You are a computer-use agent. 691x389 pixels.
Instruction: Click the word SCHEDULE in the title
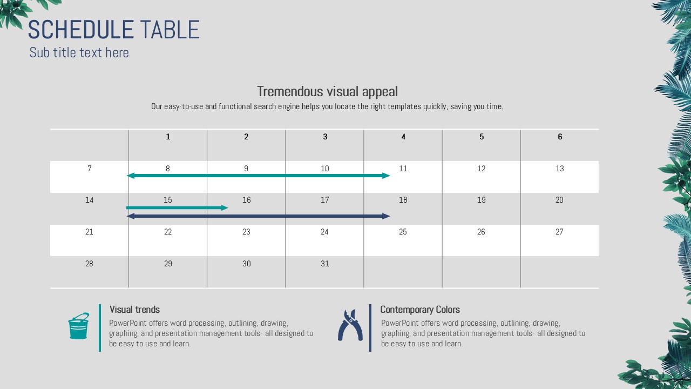81,30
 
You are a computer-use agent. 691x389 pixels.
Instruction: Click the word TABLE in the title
170,30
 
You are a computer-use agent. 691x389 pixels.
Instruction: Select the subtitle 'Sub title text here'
79,52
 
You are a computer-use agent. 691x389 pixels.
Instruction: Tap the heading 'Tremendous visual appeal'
327,91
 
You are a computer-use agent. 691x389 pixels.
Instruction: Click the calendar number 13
560,169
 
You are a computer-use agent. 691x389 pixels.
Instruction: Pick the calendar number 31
324,264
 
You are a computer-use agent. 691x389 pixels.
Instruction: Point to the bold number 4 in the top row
403,137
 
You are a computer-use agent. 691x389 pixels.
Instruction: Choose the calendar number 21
89,232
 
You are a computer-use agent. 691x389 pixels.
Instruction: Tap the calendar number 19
481,200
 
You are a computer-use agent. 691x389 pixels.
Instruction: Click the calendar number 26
481,232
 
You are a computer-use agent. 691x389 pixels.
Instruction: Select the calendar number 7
90,169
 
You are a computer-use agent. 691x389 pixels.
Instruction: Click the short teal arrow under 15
177,208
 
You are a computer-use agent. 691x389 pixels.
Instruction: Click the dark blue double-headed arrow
259,216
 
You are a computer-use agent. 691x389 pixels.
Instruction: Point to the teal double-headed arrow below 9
259,176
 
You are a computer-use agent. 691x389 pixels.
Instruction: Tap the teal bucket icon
79,326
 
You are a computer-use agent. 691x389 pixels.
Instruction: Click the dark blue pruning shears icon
350,325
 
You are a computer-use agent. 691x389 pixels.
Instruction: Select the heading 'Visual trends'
134,310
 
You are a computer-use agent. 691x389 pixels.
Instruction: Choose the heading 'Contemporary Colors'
420,310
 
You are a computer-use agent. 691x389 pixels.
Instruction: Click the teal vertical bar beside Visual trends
100,328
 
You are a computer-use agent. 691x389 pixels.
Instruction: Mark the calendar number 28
89,264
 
